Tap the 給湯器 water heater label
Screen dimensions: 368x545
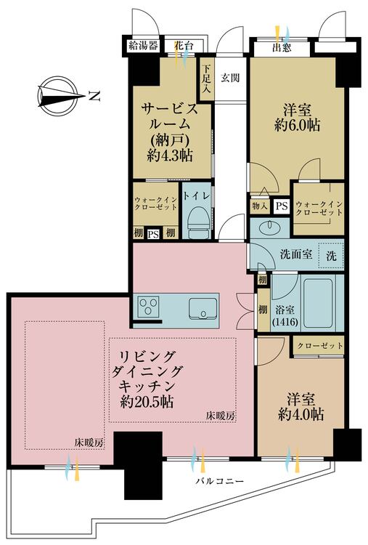pos(144,46)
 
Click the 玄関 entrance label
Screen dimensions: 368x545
pos(230,78)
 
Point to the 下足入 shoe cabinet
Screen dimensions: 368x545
pos(206,79)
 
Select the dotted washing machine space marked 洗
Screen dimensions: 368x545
pos(331,256)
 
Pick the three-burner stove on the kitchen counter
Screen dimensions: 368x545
pos(148,307)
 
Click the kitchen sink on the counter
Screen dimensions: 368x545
pos(203,308)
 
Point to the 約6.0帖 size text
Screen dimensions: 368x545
pos(297,125)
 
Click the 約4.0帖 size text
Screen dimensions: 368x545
pos(301,414)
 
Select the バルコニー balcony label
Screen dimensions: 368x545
pos(219,481)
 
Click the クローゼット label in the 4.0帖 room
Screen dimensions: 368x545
pos(320,345)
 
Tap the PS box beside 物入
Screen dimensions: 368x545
pos(281,206)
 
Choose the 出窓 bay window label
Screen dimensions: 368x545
pos(282,47)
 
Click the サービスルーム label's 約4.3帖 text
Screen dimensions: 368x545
pos(170,156)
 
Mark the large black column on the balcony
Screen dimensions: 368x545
pos(139,466)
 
